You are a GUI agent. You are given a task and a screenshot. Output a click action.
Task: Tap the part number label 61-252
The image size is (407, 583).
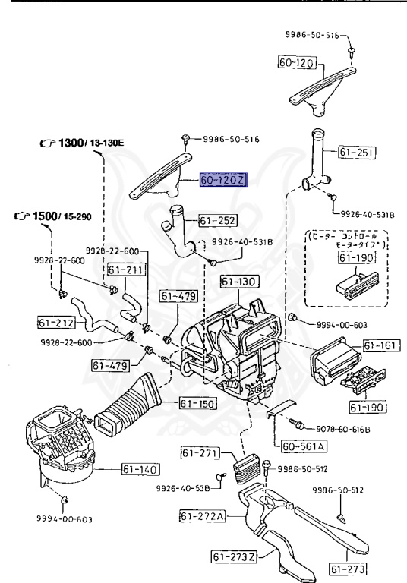pos(218,221)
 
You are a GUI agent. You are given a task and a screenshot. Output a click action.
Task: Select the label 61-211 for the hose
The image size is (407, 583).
pos(125,269)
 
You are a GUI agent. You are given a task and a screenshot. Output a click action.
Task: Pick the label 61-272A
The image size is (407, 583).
pos(204,517)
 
